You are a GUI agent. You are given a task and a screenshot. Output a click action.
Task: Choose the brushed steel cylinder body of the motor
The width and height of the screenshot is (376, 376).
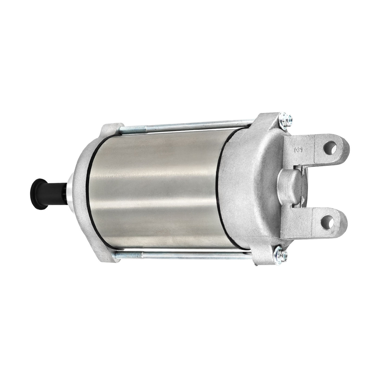pyautogui.click(x=156, y=187)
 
